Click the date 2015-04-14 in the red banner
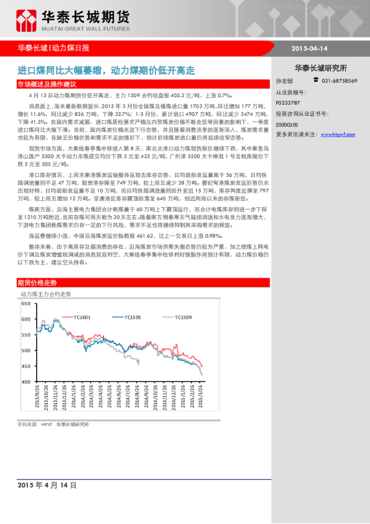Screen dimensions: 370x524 308,48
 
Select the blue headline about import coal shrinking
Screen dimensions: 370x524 106,71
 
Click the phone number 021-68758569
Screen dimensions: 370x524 339,81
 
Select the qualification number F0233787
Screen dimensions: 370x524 287,101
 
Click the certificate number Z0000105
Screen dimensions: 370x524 287,124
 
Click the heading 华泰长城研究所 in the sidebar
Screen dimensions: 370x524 320,68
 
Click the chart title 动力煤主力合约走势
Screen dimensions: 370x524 46,293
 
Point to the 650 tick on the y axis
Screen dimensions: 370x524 25,304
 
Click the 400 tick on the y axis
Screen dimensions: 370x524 25,381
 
